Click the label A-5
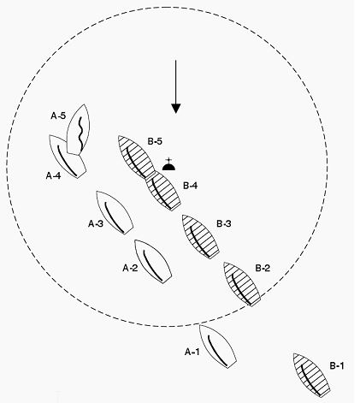58,116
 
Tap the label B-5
155,141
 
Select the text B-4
190,186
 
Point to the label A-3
96,224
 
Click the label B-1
337,366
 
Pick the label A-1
192,353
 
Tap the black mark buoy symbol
168,165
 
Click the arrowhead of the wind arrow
176,109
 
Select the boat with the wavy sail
78,130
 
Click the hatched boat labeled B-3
201,237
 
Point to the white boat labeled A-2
153,262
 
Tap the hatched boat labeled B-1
311,375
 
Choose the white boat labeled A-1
218,347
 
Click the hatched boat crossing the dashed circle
242,284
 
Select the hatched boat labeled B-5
137,157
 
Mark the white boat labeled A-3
115,213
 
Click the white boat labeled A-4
68,157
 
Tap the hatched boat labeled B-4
163,191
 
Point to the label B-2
263,268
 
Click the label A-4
53,175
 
